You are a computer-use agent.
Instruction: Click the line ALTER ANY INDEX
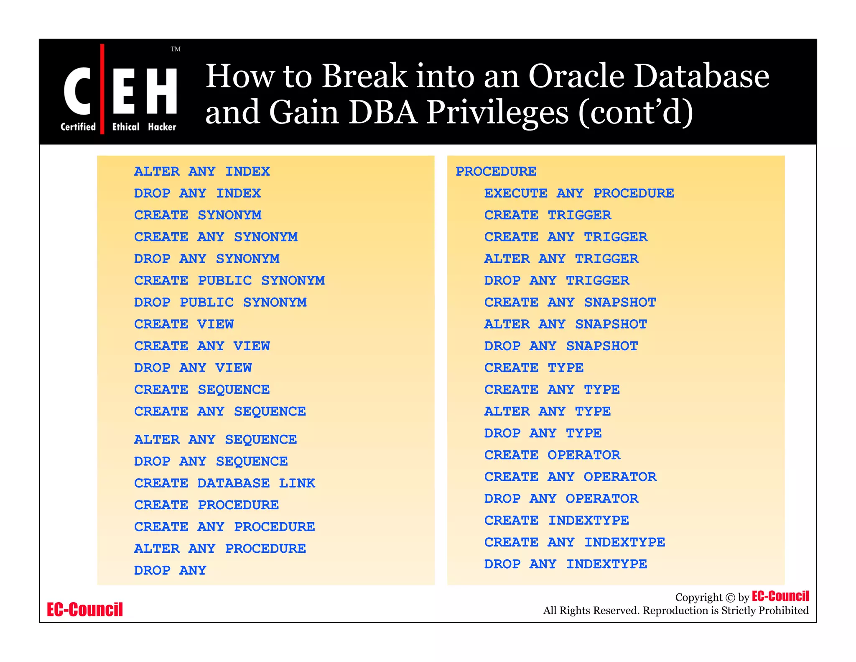pyautogui.click(x=202, y=172)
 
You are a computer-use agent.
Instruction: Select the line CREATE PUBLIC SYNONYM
pyautogui.click(x=229, y=280)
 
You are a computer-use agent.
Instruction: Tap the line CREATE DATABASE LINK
pyautogui.click(x=224, y=483)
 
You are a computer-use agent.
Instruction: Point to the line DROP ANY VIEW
pyautogui.click(x=193, y=368)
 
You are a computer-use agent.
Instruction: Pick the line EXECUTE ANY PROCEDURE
pyautogui.click(x=579, y=193)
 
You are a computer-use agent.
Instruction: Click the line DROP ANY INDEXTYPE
pyautogui.click(x=565, y=564)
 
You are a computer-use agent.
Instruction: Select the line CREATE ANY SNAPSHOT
pyautogui.click(x=570, y=302)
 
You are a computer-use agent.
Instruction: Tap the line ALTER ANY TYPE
pyautogui.click(x=547, y=411)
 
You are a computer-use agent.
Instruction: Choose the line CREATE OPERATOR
pyautogui.click(x=552, y=455)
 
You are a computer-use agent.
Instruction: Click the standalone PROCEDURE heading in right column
pyautogui.click(x=496, y=172)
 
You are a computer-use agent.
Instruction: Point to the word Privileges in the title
pyautogui.click(x=497, y=112)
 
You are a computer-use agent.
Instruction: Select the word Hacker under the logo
pyautogui.click(x=162, y=127)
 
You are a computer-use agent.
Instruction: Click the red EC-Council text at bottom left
pyautogui.click(x=85, y=609)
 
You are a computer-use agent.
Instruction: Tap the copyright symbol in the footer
pyautogui.click(x=730, y=598)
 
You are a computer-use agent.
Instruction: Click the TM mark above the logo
pyautogui.click(x=176, y=49)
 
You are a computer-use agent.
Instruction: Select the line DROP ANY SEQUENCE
pyautogui.click(x=211, y=461)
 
